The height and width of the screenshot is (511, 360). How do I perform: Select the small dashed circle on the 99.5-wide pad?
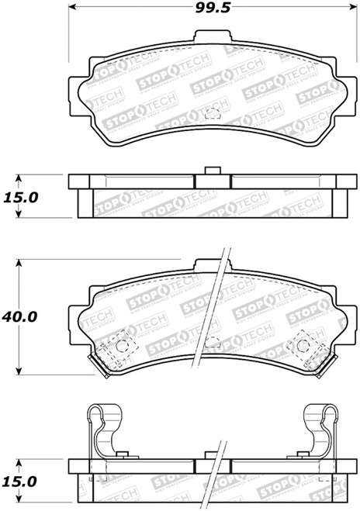coord(207,114)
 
